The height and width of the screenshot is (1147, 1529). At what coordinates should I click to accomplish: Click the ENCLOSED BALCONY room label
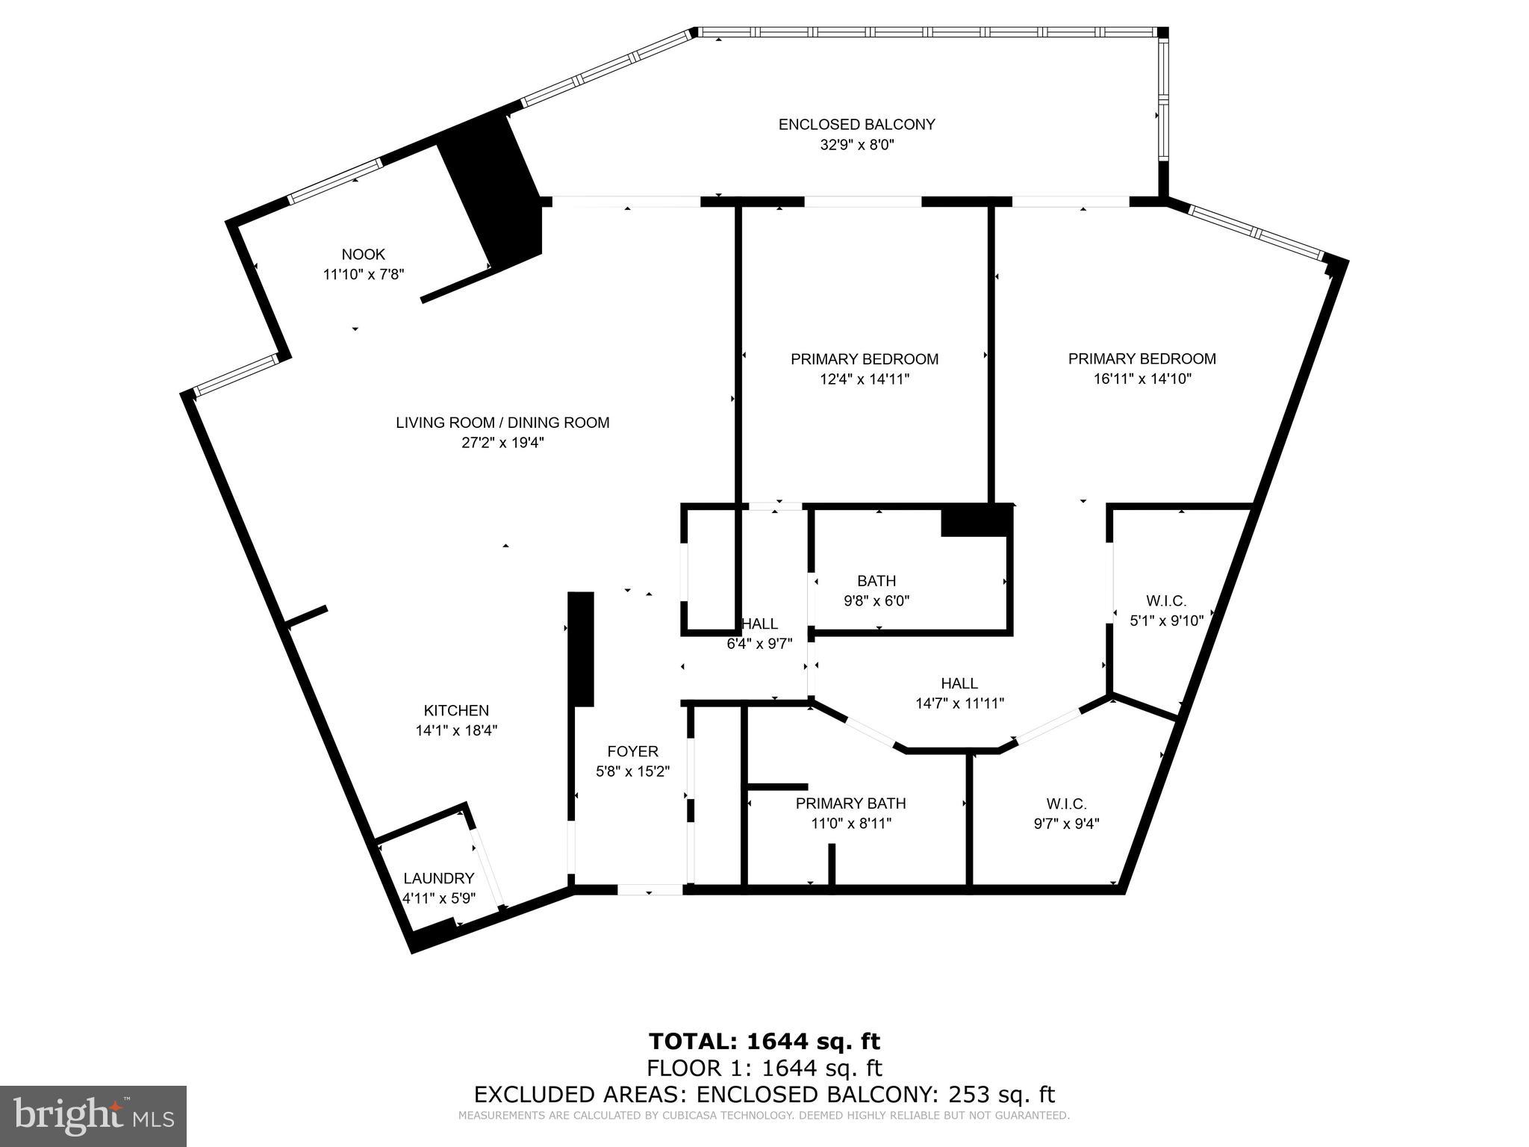point(856,125)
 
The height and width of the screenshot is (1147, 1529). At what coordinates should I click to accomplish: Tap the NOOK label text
point(363,255)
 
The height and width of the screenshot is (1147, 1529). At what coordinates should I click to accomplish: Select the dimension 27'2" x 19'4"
point(502,443)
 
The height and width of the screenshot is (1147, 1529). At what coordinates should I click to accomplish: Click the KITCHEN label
point(456,711)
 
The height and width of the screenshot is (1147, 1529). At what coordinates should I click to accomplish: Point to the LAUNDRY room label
point(439,878)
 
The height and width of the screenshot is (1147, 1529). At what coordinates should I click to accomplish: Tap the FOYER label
point(632,751)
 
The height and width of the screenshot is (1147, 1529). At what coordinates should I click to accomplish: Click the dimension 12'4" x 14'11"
point(865,379)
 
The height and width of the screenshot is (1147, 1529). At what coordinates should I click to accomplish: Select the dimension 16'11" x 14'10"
point(1142,379)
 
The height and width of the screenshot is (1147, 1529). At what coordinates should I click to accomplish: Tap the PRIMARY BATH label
point(850,803)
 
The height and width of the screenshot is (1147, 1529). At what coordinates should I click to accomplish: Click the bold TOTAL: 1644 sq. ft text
point(764,1041)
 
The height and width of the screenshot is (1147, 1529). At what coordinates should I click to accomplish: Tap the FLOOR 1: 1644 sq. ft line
point(764,1068)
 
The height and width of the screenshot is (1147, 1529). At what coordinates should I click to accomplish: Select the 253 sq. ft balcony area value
point(1001,1094)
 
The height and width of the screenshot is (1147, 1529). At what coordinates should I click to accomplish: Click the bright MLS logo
point(93,1116)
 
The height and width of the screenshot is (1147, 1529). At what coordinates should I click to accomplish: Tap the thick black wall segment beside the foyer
point(581,648)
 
